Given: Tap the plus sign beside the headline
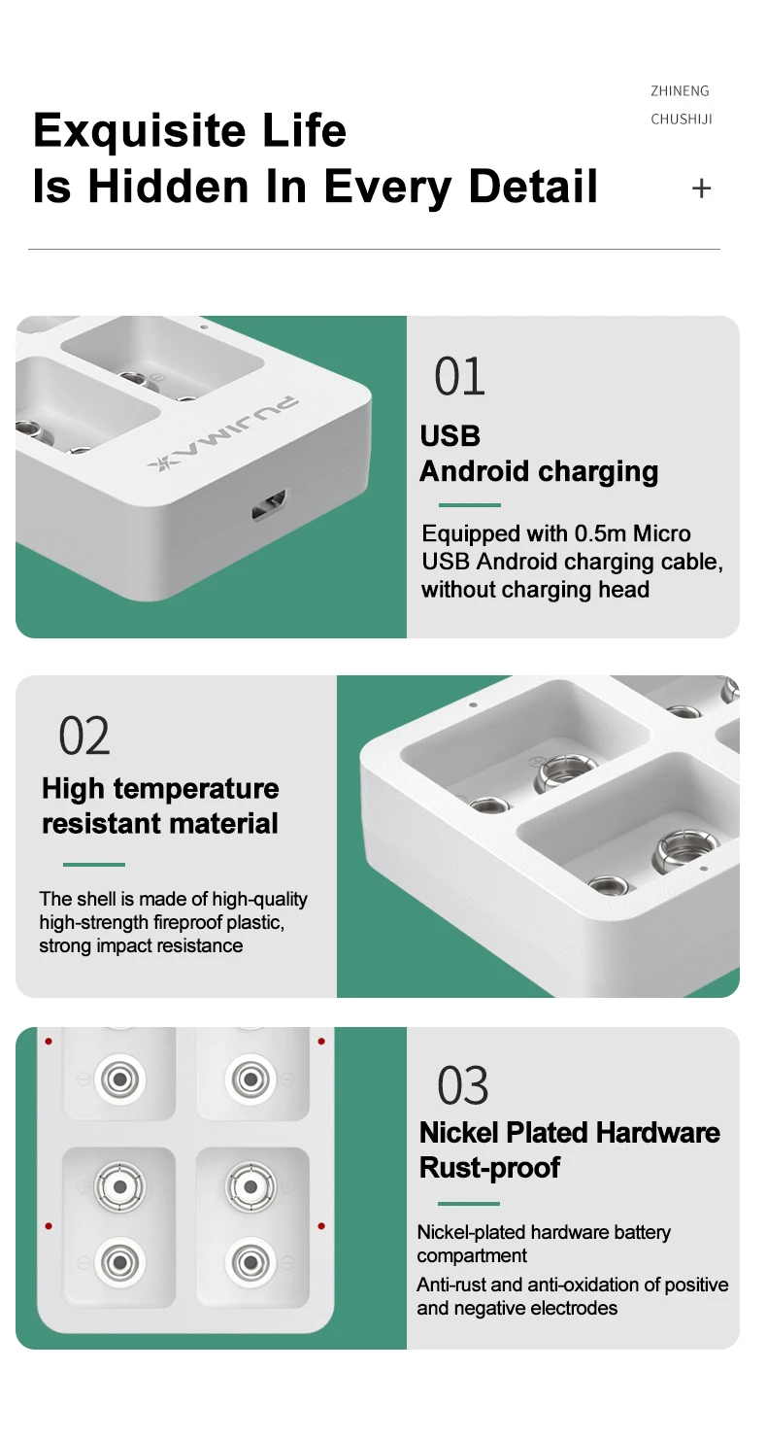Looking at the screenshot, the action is click(702, 188).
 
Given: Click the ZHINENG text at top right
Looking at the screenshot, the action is click(680, 91).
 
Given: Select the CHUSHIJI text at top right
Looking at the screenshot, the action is click(681, 119).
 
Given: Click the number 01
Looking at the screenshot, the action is click(459, 376).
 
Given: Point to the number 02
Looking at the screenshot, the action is click(84, 737).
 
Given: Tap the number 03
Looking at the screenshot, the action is click(463, 1085).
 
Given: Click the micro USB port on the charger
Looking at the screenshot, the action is click(270, 505).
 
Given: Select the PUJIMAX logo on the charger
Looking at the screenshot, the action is click(222, 433).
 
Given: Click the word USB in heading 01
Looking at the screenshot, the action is click(450, 436).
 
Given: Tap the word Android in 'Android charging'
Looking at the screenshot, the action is click(474, 471).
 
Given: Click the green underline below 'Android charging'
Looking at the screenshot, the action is click(469, 505).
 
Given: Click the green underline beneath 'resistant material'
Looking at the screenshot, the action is click(94, 865).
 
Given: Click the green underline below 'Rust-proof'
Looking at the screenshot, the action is click(469, 1203).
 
